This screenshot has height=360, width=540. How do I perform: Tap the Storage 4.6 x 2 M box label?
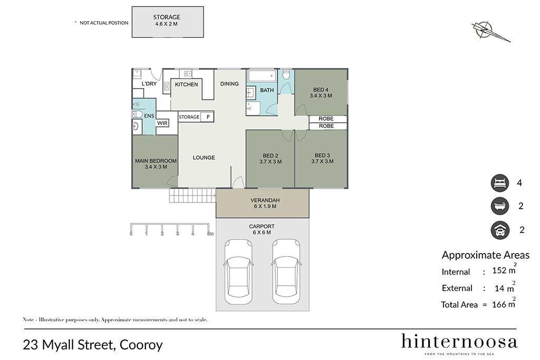(x=167, y=21)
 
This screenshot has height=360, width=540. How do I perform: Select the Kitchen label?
(x=186, y=84)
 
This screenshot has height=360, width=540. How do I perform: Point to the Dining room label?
(x=229, y=84)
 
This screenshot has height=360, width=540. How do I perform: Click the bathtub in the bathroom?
(x=262, y=76)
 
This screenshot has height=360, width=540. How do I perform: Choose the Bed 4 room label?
(x=321, y=93)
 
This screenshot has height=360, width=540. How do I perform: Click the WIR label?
(x=162, y=123)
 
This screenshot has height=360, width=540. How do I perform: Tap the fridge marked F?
(x=208, y=117)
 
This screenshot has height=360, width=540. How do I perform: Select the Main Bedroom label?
(x=156, y=163)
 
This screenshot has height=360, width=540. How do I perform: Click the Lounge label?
(x=204, y=158)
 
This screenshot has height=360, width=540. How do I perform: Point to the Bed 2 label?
(x=271, y=158)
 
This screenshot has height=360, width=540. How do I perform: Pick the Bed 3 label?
(x=322, y=158)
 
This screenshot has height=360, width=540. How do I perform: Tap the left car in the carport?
(x=238, y=272)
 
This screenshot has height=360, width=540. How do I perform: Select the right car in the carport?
(x=286, y=272)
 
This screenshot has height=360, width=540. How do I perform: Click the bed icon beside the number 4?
(x=500, y=183)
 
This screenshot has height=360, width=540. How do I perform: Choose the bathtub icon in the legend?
(x=500, y=206)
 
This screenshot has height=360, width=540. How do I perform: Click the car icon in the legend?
(x=500, y=230)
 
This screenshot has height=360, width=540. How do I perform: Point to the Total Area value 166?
(x=499, y=305)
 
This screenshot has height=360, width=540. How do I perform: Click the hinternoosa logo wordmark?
(x=459, y=342)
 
